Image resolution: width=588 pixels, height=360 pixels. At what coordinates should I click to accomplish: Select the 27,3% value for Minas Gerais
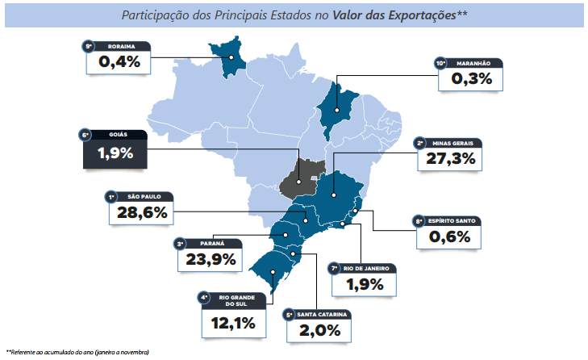pos(450,159)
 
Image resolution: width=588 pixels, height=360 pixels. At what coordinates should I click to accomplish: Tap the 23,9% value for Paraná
pos(208,259)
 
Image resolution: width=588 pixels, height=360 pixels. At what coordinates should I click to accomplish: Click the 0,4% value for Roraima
pos(119,61)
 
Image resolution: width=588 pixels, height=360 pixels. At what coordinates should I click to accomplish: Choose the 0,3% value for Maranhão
pos(472,78)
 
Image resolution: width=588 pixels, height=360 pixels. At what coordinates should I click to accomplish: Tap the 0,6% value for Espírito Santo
pos(449,237)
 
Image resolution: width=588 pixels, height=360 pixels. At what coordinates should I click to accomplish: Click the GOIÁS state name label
pos(118,134)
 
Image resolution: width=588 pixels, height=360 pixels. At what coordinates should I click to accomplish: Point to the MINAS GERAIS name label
pos(457,143)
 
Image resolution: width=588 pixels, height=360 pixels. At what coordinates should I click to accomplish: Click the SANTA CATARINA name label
pos(323,314)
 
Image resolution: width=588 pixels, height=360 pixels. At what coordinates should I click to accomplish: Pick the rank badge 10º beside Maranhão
pos(441,62)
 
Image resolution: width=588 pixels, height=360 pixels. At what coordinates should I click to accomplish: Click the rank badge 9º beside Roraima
pos(90,46)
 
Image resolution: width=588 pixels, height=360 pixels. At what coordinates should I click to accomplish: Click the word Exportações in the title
pos(420,15)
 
